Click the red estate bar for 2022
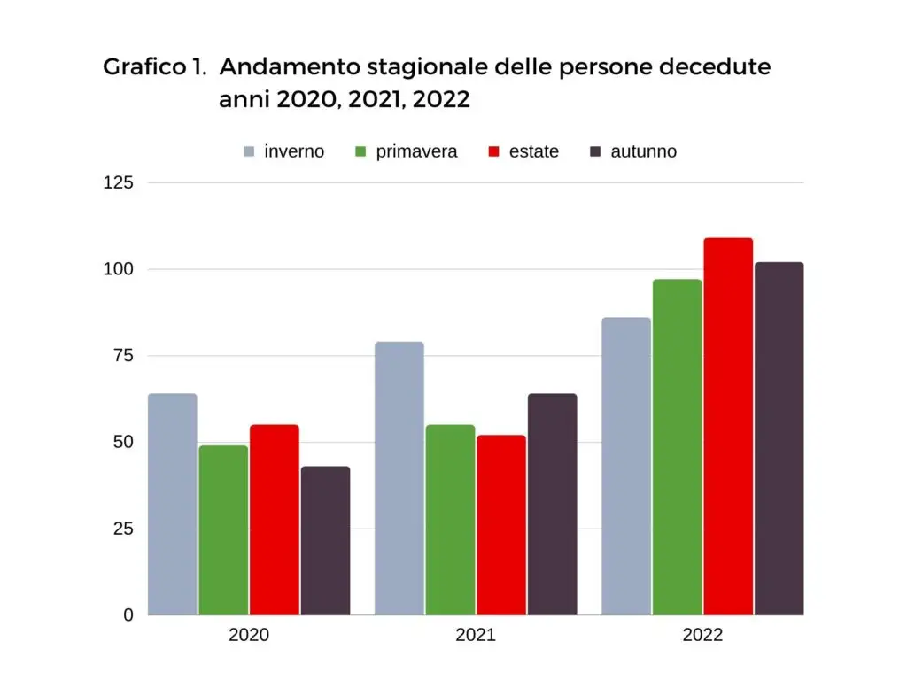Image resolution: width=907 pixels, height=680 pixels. (x=728, y=426)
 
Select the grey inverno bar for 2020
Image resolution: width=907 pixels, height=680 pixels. (x=172, y=504)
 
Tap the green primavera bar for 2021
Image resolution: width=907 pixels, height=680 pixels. (x=450, y=520)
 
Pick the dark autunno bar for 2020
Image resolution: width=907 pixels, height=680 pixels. (x=325, y=540)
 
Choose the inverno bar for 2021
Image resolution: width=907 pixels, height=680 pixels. (x=399, y=478)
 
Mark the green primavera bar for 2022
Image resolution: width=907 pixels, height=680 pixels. (x=677, y=447)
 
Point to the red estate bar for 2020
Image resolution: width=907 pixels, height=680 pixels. (x=274, y=520)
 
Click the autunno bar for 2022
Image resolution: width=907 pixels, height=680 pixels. (x=779, y=438)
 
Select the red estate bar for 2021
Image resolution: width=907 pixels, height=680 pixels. (x=500, y=524)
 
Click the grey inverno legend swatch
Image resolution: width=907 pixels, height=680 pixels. (x=250, y=151)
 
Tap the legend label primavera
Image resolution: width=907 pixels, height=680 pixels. (x=416, y=151)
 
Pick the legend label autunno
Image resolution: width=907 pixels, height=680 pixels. (x=643, y=151)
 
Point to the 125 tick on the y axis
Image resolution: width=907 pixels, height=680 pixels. (x=119, y=183)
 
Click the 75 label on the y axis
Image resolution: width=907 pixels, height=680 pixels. (x=122, y=356)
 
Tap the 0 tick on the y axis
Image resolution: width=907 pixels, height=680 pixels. (x=128, y=614)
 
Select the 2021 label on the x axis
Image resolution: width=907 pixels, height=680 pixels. (x=476, y=635)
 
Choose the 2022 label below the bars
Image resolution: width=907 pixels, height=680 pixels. (x=702, y=635)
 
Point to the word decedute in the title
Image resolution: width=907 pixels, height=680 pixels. (x=717, y=67)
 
